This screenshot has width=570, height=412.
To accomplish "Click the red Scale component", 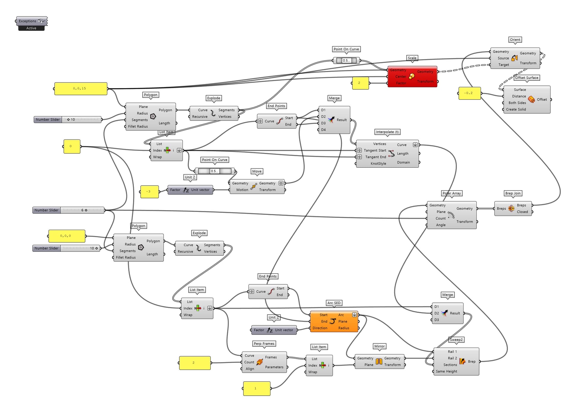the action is (412, 77).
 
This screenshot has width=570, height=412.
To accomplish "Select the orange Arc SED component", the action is (334, 321).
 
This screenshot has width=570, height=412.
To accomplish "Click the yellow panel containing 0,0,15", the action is (81, 88).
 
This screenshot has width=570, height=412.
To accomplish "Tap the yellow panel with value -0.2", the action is (469, 93).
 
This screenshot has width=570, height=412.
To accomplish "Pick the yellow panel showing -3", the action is (149, 192).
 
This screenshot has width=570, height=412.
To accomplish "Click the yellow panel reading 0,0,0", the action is (67, 236).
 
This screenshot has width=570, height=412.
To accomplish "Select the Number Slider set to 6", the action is (69, 210).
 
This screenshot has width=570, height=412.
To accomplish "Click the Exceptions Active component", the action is (31, 24).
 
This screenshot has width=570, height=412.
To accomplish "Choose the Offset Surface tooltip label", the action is (527, 78).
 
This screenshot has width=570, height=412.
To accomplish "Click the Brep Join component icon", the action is (511, 208).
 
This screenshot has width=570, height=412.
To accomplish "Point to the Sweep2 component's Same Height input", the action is (446, 371).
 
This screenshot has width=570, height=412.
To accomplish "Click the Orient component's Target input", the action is (503, 65).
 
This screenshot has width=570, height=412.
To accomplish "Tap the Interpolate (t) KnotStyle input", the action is (378, 164).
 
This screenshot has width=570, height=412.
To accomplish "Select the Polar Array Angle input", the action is (441, 225).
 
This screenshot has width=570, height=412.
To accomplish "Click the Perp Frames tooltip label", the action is (264, 344).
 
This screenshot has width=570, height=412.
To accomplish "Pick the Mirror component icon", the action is (379, 361).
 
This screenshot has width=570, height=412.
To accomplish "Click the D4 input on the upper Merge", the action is (323, 130).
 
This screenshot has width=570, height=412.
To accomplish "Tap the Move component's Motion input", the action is (242, 190).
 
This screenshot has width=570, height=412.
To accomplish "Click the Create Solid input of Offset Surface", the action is (516, 110).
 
